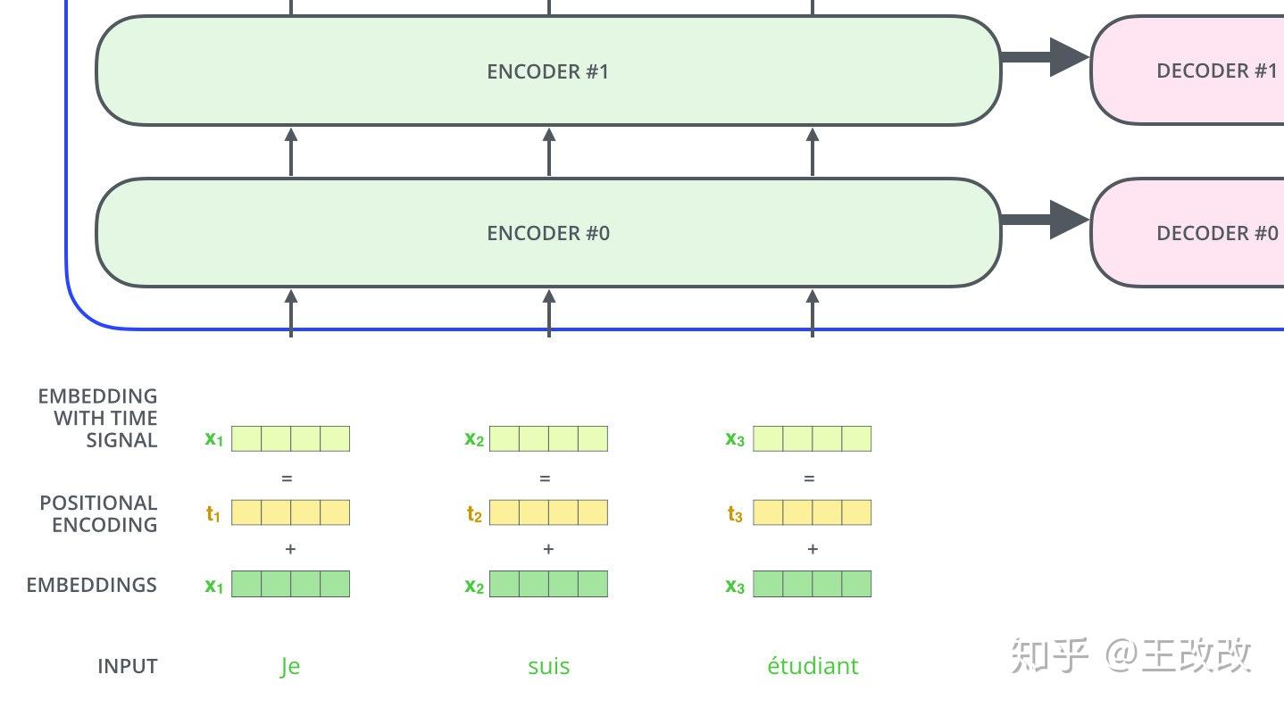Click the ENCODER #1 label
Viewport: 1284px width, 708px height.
pyautogui.click(x=547, y=71)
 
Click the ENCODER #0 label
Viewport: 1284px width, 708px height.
pyautogui.click(x=547, y=234)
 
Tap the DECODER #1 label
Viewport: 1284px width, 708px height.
pyautogui.click(x=1216, y=71)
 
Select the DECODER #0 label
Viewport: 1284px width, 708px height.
pyautogui.click(x=1216, y=234)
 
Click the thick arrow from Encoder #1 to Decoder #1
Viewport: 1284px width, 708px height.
pyautogui.click(x=1045, y=57)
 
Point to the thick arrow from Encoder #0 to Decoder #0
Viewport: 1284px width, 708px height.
pyautogui.click(x=1045, y=220)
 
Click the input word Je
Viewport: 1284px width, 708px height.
pyautogui.click(x=290, y=667)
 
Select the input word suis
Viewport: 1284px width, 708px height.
pyautogui.click(x=548, y=667)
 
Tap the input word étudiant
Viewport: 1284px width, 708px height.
pyautogui.click(x=813, y=667)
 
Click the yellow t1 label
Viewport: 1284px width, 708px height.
pyautogui.click(x=213, y=513)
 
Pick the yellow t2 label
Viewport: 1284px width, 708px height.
pyautogui.click(x=474, y=513)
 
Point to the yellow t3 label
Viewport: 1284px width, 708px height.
pyautogui.click(x=735, y=513)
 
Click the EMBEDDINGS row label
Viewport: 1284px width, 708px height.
pyautogui.click(x=91, y=585)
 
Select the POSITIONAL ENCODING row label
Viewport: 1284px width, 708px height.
pyautogui.click(x=98, y=513)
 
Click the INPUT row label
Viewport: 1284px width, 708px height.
pyautogui.click(x=127, y=667)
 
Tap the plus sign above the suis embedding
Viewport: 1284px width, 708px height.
pyautogui.click(x=548, y=549)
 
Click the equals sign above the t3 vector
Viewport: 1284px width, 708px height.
pyautogui.click(x=809, y=479)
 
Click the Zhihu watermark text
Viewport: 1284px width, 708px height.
pyautogui.click(x=1131, y=656)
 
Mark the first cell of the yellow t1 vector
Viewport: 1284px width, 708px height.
pyautogui.click(x=246, y=512)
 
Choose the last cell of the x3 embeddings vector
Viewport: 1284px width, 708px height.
pyautogui.click(x=855, y=584)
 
